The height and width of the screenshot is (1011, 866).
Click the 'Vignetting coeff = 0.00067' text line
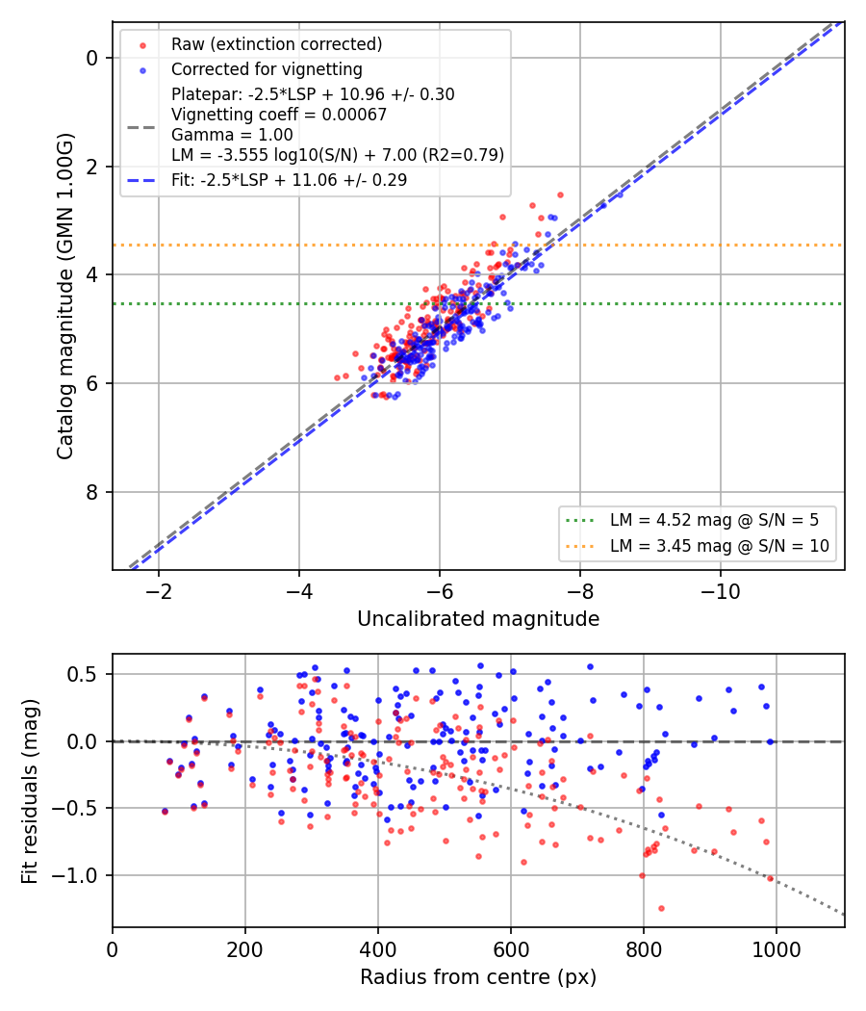(x=279, y=115)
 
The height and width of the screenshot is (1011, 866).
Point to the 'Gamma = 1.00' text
(x=232, y=135)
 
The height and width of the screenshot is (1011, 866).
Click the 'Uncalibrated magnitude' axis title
(x=478, y=619)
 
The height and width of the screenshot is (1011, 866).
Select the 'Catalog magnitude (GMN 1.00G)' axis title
(x=65, y=297)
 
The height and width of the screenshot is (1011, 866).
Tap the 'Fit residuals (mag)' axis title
(x=30, y=791)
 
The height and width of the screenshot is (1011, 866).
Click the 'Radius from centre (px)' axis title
(x=478, y=977)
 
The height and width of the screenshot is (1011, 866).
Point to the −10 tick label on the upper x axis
(x=721, y=591)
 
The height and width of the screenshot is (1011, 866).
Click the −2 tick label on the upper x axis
(x=159, y=591)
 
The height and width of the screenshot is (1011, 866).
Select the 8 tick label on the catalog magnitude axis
(x=91, y=493)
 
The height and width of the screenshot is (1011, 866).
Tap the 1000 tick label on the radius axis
(x=777, y=949)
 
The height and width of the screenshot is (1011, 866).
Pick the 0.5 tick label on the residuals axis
(x=83, y=674)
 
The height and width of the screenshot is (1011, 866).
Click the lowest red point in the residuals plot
(x=661, y=909)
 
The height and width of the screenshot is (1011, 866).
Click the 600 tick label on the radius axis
(x=511, y=949)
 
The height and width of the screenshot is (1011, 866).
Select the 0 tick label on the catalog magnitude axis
(x=91, y=59)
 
